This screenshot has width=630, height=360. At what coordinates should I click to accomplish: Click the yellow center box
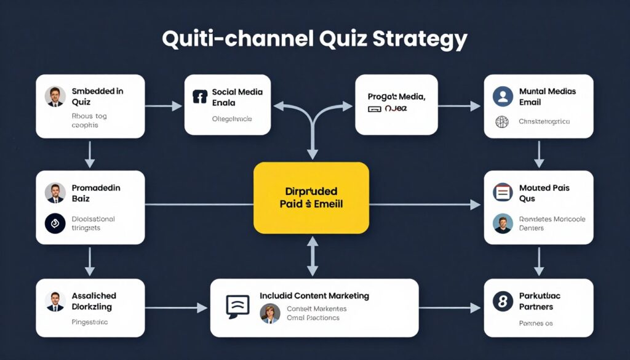coord(311,198)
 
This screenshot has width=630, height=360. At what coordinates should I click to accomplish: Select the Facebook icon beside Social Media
coord(199,97)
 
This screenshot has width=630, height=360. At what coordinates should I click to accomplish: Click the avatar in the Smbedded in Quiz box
coord(55,96)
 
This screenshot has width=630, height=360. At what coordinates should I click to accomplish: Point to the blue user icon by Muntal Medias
coord(503,96)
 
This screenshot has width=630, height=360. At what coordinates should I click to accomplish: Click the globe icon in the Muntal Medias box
coord(502,121)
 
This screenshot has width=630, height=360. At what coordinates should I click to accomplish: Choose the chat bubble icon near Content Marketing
coord(237,305)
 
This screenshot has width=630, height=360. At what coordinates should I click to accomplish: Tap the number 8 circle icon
coord(503,301)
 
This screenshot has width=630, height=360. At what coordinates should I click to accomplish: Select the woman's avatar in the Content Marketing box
coord(269,313)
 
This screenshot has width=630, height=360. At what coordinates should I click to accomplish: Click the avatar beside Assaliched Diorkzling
coord(55,301)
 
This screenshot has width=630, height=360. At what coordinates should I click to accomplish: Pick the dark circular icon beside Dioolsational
coord(55,223)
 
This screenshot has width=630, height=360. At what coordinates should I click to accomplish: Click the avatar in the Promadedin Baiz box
coord(55,193)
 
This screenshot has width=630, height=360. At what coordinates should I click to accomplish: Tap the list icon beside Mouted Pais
coord(503,193)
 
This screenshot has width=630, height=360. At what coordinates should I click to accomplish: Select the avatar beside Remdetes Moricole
coord(503,223)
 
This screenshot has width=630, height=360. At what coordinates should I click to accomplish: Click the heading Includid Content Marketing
coord(314,295)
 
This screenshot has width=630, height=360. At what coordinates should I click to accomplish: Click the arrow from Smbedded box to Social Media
coord(164,106)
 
